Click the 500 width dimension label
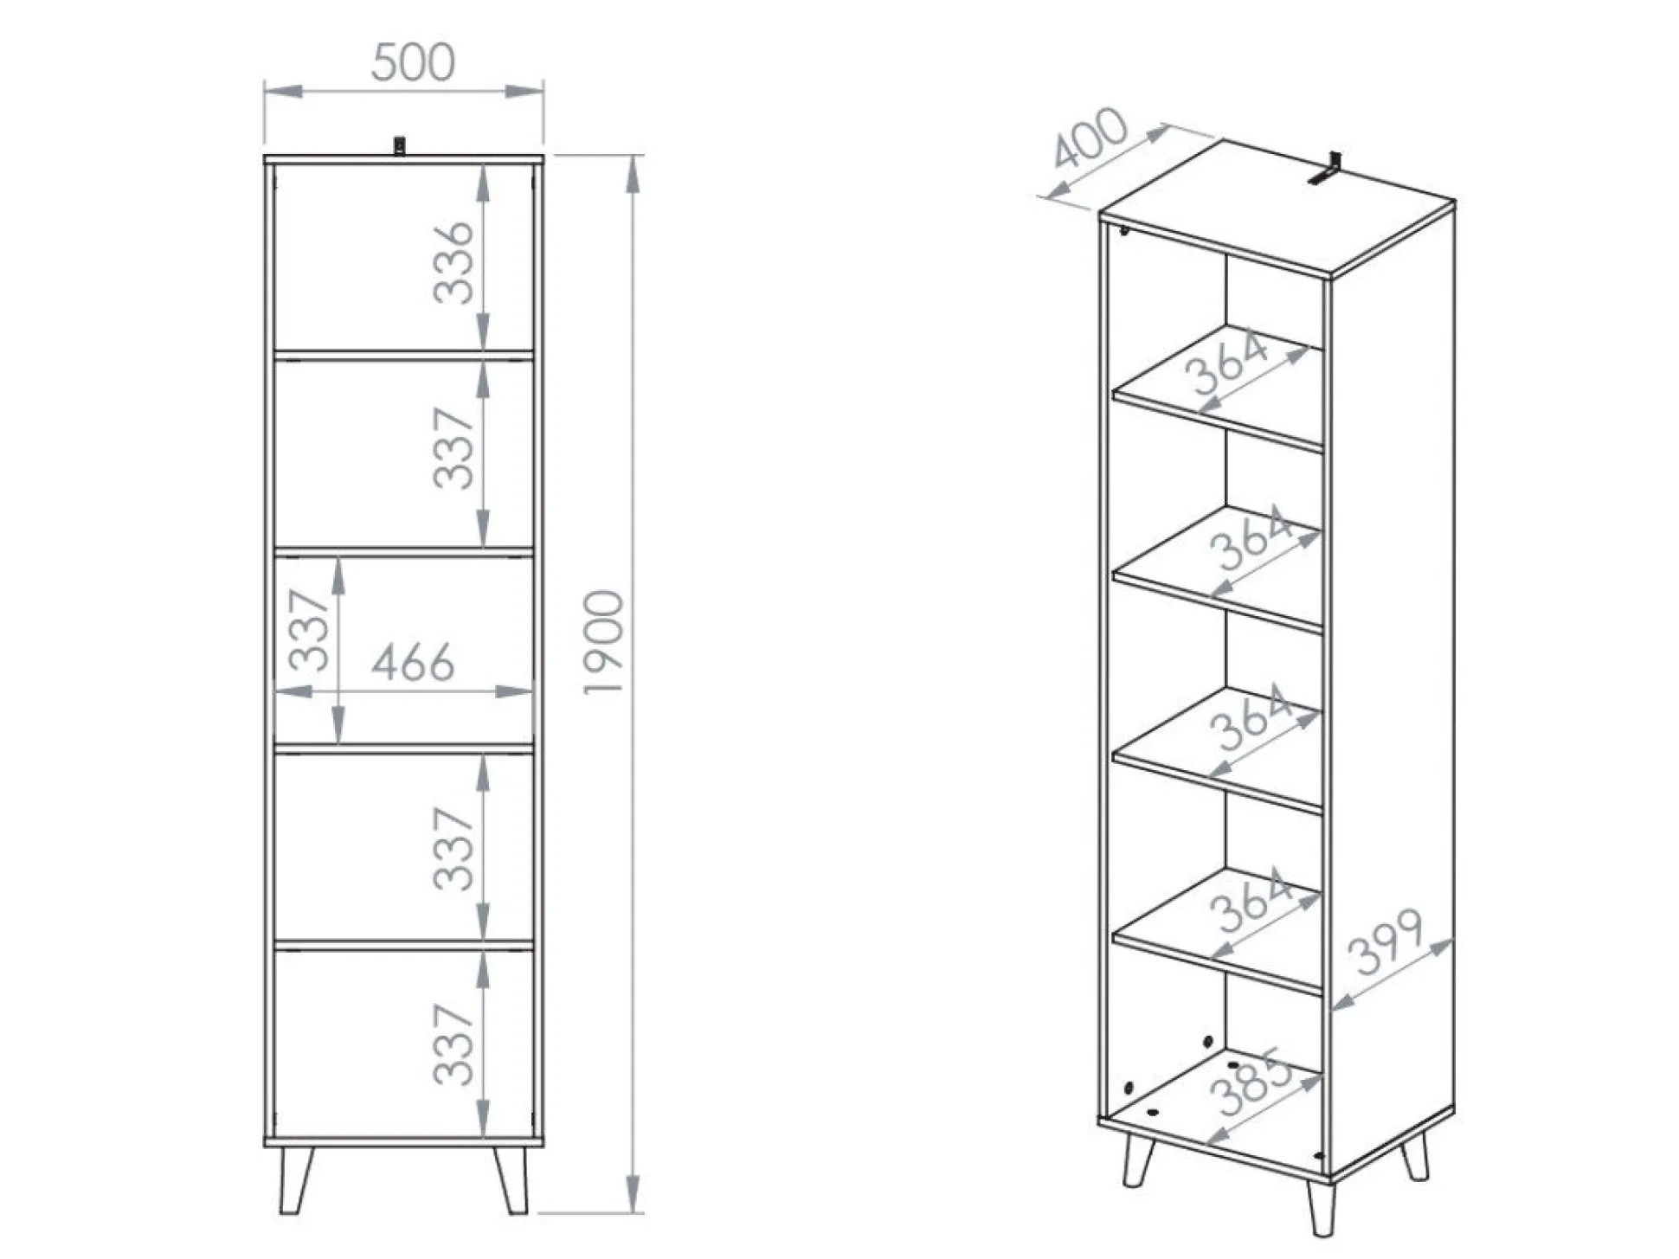pos(413,62)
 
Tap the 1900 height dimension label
pos(603,641)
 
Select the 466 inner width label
pos(413,662)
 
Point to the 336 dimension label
pos(454,262)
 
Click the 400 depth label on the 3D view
pos(1090,138)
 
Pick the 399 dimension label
pos(1385,941)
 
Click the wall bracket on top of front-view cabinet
pos(399,145)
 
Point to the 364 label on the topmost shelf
pos(1227,363)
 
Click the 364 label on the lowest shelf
pos(1252,902)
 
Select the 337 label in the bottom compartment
pos(454,1044)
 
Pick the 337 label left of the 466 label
pos(309,630)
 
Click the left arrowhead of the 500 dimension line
pos(284,90)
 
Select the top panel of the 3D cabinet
pos(1277,208)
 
